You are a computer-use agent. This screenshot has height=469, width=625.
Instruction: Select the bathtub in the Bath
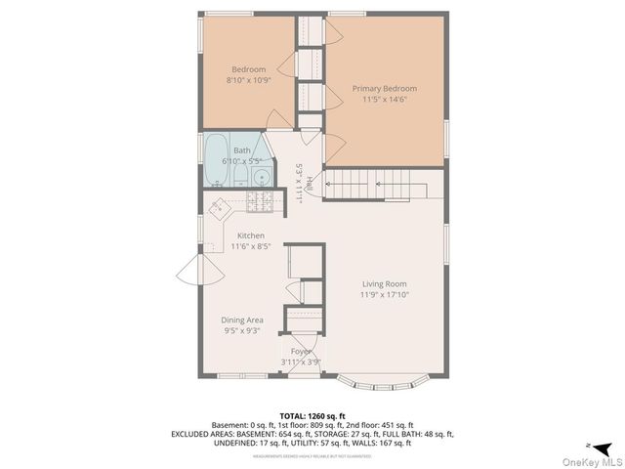pyautogui.click(x=216, y=162)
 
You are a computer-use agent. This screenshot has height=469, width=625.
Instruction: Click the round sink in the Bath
pyautogui.click(x=261, y=177)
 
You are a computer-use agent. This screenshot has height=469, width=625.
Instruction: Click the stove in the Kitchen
pyautogui.click(x=262, y=202)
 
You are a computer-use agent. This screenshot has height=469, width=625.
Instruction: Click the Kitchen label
pyautogui.click(x=252, y=235)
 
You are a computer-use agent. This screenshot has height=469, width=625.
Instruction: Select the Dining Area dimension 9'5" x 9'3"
pyautogui.click(x=241, y=330)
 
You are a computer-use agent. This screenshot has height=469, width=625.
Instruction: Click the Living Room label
pyautogui.click(x=382, y=283)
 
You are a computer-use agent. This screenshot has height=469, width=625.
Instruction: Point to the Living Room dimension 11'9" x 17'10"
pyautogui.click(x=382, y=294)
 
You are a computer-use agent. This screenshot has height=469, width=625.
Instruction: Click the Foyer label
pyautogui.click(x=302, y=350)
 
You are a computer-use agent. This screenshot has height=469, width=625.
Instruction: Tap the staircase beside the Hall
pyautogui.click(x=376, y=183)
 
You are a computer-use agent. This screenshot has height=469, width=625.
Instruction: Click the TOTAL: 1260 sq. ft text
pyautogui.click(x=312, y=416)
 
